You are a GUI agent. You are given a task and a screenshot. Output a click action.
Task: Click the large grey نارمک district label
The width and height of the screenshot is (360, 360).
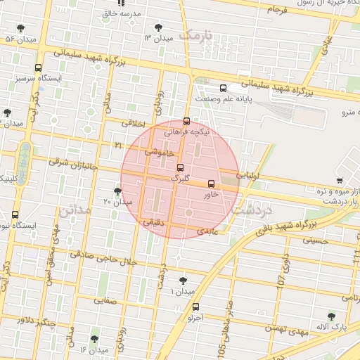(x=195, y=34)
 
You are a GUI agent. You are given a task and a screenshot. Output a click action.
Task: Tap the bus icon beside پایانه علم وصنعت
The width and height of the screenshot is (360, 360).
(x=224, y=88)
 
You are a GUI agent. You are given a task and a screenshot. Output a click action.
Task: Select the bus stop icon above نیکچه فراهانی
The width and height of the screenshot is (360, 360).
(x=186, y=120)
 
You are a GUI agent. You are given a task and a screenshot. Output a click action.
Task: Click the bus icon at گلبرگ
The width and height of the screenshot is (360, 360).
(x=181, y=168)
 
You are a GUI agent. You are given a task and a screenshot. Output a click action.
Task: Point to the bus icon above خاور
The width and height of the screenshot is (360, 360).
(x=211, y=184)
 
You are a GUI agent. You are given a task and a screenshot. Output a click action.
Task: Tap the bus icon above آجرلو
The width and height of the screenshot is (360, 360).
(x=195, y=307)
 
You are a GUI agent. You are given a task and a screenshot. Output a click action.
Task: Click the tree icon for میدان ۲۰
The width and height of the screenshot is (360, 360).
(x=117, y=191)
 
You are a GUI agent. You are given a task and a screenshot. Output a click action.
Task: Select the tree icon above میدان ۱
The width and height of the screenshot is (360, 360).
(x=183, y=281)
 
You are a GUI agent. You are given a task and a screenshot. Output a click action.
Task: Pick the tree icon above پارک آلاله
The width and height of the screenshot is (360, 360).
(x=331, y=317)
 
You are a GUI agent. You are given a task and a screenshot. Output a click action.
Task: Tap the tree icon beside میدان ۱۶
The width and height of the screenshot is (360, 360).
(x=94, y=339)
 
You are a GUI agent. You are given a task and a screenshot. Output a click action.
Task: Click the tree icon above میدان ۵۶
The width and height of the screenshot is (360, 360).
(x=19, y=28)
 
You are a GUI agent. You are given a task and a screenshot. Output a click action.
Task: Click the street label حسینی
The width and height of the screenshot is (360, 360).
(x=314, y=240)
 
